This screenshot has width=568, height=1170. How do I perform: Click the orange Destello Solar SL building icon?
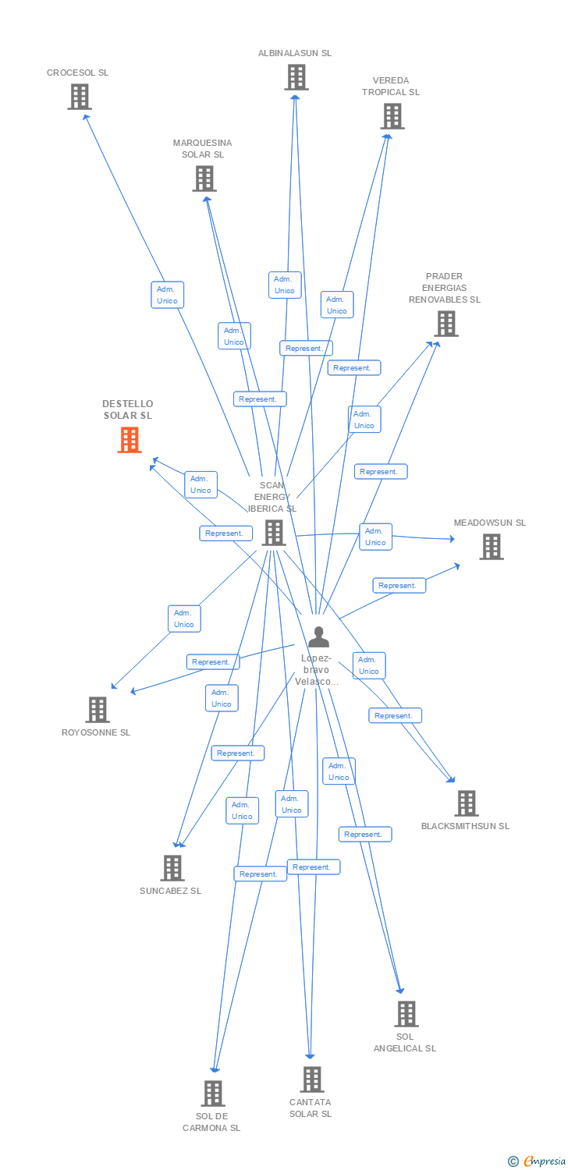(x=130, y=440)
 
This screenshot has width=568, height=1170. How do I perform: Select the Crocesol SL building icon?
(x=79, y=97)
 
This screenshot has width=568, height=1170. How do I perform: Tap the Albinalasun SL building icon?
(x=296, y=77)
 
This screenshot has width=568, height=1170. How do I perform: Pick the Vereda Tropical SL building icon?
(x=392, y=116)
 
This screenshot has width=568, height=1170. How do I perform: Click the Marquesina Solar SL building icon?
(x=204, y=179)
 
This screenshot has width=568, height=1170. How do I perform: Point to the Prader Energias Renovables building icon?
(x=446, y=323)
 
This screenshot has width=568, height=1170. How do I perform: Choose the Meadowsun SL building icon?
(x=491, y=547)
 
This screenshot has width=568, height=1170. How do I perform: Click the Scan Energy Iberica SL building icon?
(x=273, y=533)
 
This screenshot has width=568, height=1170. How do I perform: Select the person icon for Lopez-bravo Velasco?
(x=318, y=637)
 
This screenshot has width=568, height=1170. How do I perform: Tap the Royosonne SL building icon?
(x=97, y=710)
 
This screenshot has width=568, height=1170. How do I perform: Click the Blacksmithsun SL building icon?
(x=466, y=803)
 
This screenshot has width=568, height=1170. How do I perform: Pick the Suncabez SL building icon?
(x=172, y=867)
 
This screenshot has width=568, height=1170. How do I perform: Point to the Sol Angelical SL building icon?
(x=406, y=1013)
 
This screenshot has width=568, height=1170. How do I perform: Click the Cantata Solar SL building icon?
(x=311, y=1080)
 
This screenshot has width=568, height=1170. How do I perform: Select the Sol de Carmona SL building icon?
(x=212, y=1094)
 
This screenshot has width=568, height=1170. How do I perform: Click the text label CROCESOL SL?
(x=77, y=73)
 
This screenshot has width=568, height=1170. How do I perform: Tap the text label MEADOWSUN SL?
(x=490, y=523)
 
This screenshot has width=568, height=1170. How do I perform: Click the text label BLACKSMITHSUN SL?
(x=465, y=826)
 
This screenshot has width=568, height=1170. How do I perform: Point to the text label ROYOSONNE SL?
(x=96, y=732)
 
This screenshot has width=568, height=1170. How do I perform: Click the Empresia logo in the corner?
(x=538, y=1161)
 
